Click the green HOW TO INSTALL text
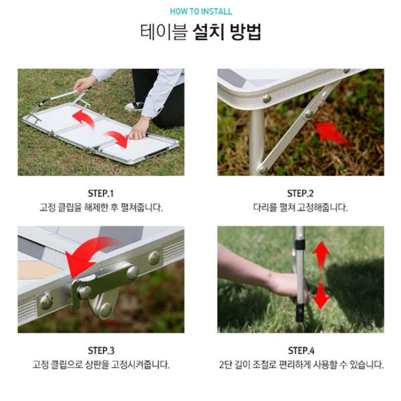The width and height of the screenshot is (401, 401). [x=200, y=11]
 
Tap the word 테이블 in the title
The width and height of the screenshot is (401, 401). [x=162, y=32]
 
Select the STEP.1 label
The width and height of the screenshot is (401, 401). [x=100, y=193]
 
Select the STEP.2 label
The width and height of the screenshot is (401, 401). [x=301, y=193]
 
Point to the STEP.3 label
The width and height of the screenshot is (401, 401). [x=100, y=350]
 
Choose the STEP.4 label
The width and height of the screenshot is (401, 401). [x=301, y=350]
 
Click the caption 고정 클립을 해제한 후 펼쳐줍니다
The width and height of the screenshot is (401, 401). [x=100, y=208]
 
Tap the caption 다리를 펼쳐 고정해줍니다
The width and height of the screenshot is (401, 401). [x=301, y=208]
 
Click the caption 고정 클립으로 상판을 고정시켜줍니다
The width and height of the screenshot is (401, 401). [x=100, y=365]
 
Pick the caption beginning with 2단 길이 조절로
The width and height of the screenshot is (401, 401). [x=301, y=365]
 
